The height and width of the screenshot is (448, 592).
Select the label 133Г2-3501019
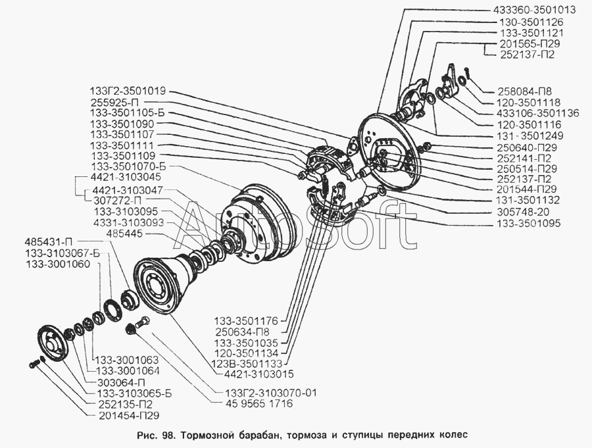click(128, 91)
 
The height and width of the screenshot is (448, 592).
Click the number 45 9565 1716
click(254, 404)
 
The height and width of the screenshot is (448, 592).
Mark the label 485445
click(124, 234)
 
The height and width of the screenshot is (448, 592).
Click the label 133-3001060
click(58, 264)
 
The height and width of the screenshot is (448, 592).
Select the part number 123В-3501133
click(248, 364)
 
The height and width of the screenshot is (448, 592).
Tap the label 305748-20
click(517, 212)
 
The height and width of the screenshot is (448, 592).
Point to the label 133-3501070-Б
click(128, 166)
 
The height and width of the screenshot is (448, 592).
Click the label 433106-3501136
click(537, 113)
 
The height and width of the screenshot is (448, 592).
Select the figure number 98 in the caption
click(167, 435)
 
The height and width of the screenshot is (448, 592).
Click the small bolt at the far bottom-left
click(34, 365)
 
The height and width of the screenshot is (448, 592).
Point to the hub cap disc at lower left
click(54, 345)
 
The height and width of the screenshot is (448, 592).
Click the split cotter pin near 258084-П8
click(469, 72)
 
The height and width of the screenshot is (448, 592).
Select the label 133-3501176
click(251, 322)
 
